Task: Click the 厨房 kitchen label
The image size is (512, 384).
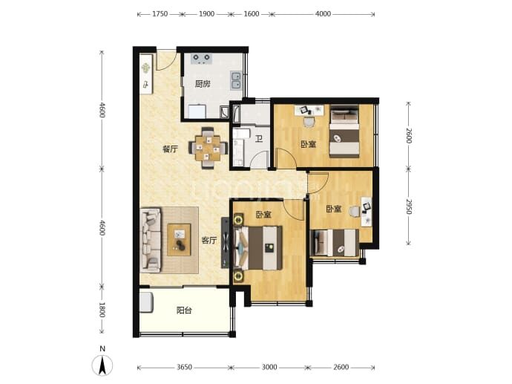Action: coord(203,84)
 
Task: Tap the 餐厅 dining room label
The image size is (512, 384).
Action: coord(170,149)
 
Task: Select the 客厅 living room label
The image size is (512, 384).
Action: coord(209,241)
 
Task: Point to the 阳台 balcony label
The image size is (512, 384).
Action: coord(184,310)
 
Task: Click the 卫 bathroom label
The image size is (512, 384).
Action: coord(259,139)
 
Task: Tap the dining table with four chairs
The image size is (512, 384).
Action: coord(208,148)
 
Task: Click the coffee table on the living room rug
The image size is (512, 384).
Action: coord(179,240)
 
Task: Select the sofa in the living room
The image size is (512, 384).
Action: coord(151,240)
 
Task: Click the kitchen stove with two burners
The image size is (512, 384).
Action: coord(201,59)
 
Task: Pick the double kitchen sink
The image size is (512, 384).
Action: coord(236,80)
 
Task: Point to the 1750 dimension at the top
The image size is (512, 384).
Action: coord(160,14)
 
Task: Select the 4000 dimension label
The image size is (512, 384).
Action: coord(324,14)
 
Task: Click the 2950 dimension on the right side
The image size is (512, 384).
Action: coord(409,206)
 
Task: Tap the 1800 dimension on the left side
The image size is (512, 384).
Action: coord(102,310)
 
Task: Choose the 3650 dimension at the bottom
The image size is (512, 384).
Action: coord(184,368)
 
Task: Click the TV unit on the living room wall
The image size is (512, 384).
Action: coord(226,242)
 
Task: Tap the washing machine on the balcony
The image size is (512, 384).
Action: coord(146,302)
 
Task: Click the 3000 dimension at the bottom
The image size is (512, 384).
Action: coord(269,368)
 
